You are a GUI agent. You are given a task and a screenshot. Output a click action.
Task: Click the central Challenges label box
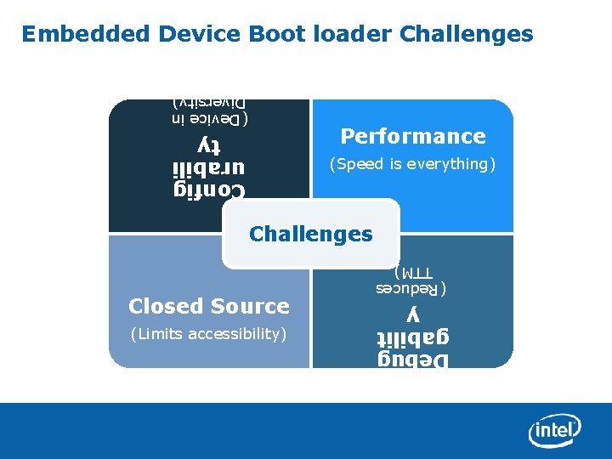coord(310,234)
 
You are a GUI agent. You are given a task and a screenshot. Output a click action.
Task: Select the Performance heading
coord(413,136)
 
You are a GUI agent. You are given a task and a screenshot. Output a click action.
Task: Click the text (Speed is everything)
coord(412,164)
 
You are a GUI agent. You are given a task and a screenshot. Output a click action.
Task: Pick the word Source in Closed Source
coord(250,306)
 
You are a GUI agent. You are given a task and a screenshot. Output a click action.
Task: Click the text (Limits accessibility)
coord(208,334)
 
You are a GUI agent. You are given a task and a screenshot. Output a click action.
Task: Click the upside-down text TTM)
coord(413,274)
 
